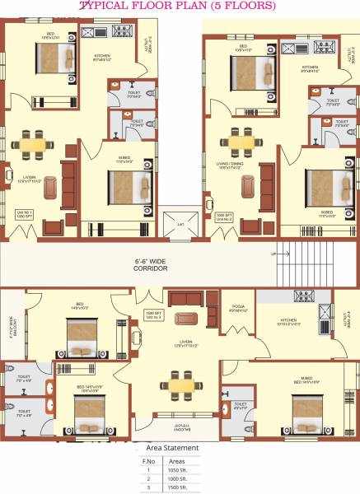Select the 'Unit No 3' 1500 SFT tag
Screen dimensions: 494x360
click(152, 316)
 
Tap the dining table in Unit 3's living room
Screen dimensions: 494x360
click(179, 382)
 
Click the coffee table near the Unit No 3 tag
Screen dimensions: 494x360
click(188, 318)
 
